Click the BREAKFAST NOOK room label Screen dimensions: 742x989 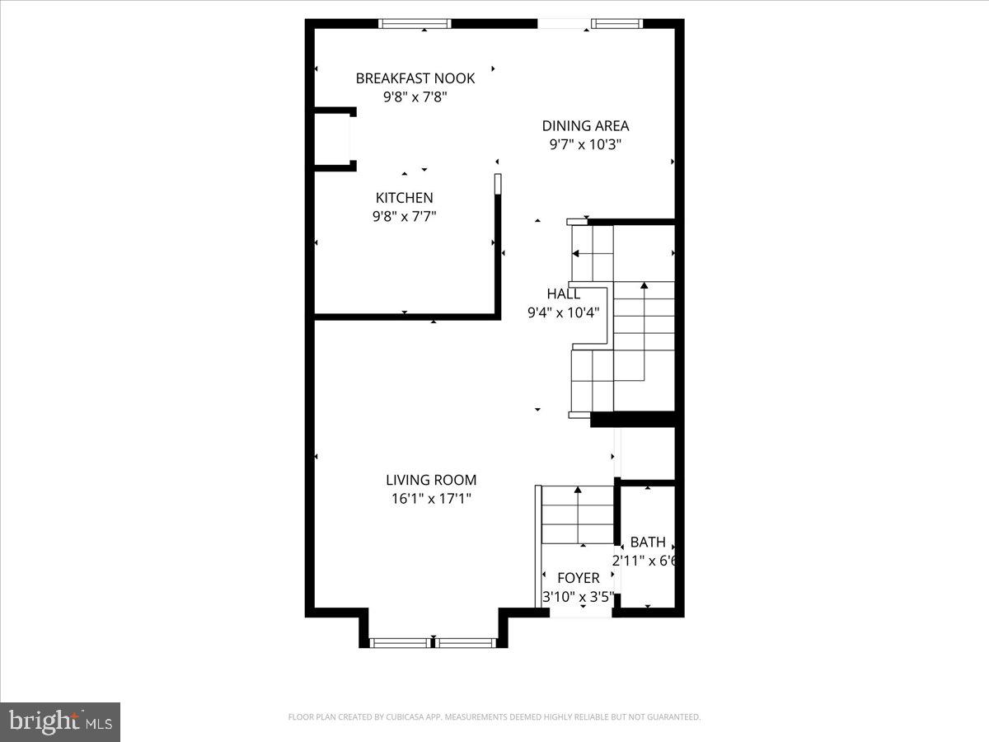click(x=415, y=78)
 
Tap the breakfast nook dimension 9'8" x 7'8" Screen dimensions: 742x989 click(x=415, y=96)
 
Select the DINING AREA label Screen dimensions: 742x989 click(x=585, y=126)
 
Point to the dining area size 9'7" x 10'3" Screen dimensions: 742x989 click(x=585, y=144)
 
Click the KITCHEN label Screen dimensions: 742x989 click(x=404, y=198)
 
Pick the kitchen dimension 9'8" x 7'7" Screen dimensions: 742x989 click(x=404, y=216)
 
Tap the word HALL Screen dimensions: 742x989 click(x=564, y=294)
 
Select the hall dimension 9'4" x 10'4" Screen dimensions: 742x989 click(x=564, y=312)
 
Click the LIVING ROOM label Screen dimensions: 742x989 click(x=431, y=480)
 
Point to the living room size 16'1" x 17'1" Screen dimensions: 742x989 click(x=431, y=498)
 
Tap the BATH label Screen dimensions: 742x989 click(x=648, y=542)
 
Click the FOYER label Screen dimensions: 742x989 click(x=578, y=578)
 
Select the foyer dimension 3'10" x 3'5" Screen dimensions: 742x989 click(x=578, y=596)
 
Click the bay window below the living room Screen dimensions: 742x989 click(x=434, y=642)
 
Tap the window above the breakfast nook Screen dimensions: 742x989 click(x=415, y=24)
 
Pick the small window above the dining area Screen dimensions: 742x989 click(x=616, y=24)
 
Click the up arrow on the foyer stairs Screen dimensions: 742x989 click(x=578, y=492)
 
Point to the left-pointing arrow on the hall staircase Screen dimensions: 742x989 click(x=577, y=253)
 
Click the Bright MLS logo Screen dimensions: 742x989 click(x=60, y=721)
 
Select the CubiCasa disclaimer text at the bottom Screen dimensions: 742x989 click(x=494, y=717)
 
